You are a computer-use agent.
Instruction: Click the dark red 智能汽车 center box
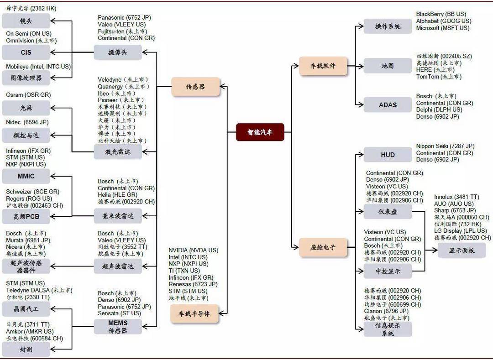[260, 132]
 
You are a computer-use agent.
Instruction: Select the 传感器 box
[195, 87]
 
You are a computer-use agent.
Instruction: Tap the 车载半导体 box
[194, 313]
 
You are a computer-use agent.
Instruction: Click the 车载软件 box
[323, 66]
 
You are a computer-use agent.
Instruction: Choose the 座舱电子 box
[323, 247]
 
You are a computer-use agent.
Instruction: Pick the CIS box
[26, 52]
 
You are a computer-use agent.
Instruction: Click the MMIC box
[26, 176]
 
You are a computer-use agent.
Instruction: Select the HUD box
[388, 155]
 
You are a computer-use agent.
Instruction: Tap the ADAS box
[388, 105]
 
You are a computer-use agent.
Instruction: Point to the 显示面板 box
[462, 250]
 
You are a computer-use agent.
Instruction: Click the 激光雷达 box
[118, 152]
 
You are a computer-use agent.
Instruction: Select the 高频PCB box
[26, 216]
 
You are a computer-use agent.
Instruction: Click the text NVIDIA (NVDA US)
[194, 250]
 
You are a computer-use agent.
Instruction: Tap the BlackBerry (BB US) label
[441, 14]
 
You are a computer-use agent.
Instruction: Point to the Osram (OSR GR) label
[28, 95]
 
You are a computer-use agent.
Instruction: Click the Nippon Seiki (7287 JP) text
[445, 146]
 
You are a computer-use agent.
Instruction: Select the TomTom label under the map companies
[428, 77]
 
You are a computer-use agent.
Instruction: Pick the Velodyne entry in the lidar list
[110, 79]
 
